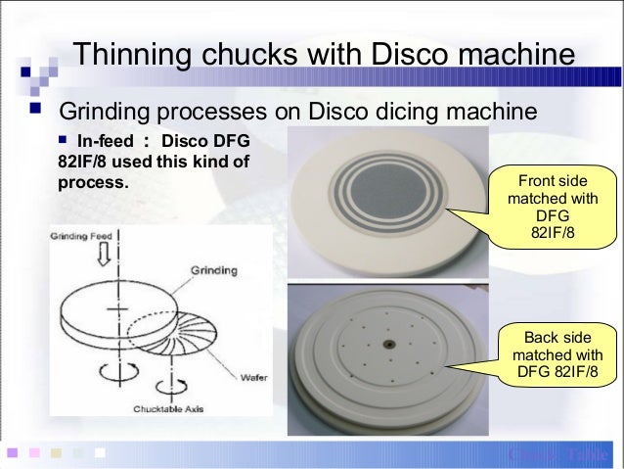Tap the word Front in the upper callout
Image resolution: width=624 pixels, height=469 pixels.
pos(536,181)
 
